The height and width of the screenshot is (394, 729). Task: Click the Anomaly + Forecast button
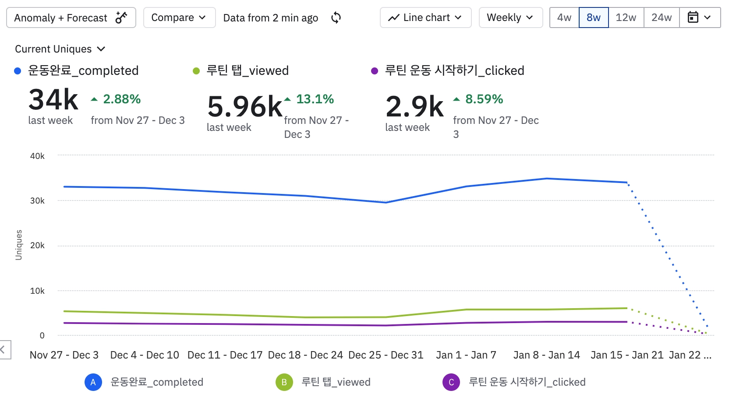71,18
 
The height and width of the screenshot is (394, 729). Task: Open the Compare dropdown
179,18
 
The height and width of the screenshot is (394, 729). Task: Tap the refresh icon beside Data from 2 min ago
336,18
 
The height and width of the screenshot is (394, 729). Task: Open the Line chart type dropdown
425,18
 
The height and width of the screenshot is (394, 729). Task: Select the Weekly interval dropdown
510,18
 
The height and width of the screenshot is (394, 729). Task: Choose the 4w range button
564,18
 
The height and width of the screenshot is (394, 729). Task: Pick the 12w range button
626,18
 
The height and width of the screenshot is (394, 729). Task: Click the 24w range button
662,18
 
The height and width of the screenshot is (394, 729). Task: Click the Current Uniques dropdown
60,49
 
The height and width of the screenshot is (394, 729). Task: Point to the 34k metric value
53,100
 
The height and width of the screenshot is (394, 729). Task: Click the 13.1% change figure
315,99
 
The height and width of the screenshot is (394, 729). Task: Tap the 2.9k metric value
414,107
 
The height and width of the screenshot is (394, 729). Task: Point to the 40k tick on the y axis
37,156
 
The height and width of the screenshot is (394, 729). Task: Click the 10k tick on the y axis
37,291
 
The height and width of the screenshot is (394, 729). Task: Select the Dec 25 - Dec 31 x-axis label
386,355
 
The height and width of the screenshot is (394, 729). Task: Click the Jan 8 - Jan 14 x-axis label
546,355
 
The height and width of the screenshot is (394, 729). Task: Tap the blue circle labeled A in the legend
93,382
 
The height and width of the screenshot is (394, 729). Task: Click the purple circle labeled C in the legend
451,382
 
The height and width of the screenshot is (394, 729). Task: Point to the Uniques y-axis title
19,245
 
